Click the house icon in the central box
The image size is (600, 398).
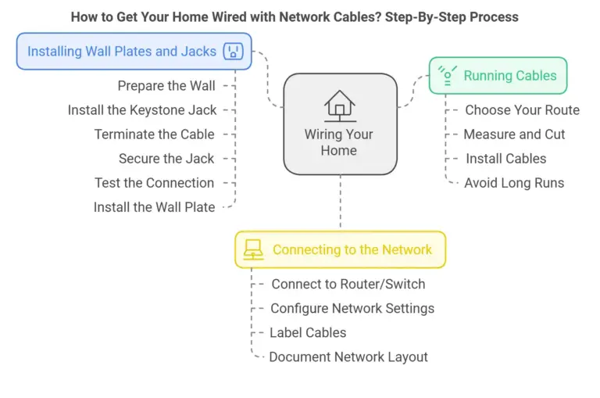click(339, 106)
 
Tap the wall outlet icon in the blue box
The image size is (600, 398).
click(232, 52)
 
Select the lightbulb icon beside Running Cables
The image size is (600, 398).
click(447, 75)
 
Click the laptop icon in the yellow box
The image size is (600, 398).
click(253, 249)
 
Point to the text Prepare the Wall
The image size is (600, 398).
click(166, 86)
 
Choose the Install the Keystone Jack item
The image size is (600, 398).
click(142, 110)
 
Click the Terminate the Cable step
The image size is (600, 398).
click(154, 134)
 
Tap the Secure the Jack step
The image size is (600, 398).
click(166, 159)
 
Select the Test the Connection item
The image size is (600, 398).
click(154, 183)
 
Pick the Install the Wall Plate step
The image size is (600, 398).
click(154, 207)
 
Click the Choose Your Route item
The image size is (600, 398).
click(522, 110)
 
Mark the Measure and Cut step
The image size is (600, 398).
click(514, 134)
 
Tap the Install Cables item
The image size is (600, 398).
click(506, 159)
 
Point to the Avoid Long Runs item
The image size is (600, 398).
click(514, 183)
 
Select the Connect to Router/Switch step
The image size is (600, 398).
click(348, 284)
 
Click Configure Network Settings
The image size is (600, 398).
click(352, 308)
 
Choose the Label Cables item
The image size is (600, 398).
click(308, 332)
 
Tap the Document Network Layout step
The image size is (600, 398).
click(348, 357)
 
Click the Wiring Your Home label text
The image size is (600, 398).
click(339, 142)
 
